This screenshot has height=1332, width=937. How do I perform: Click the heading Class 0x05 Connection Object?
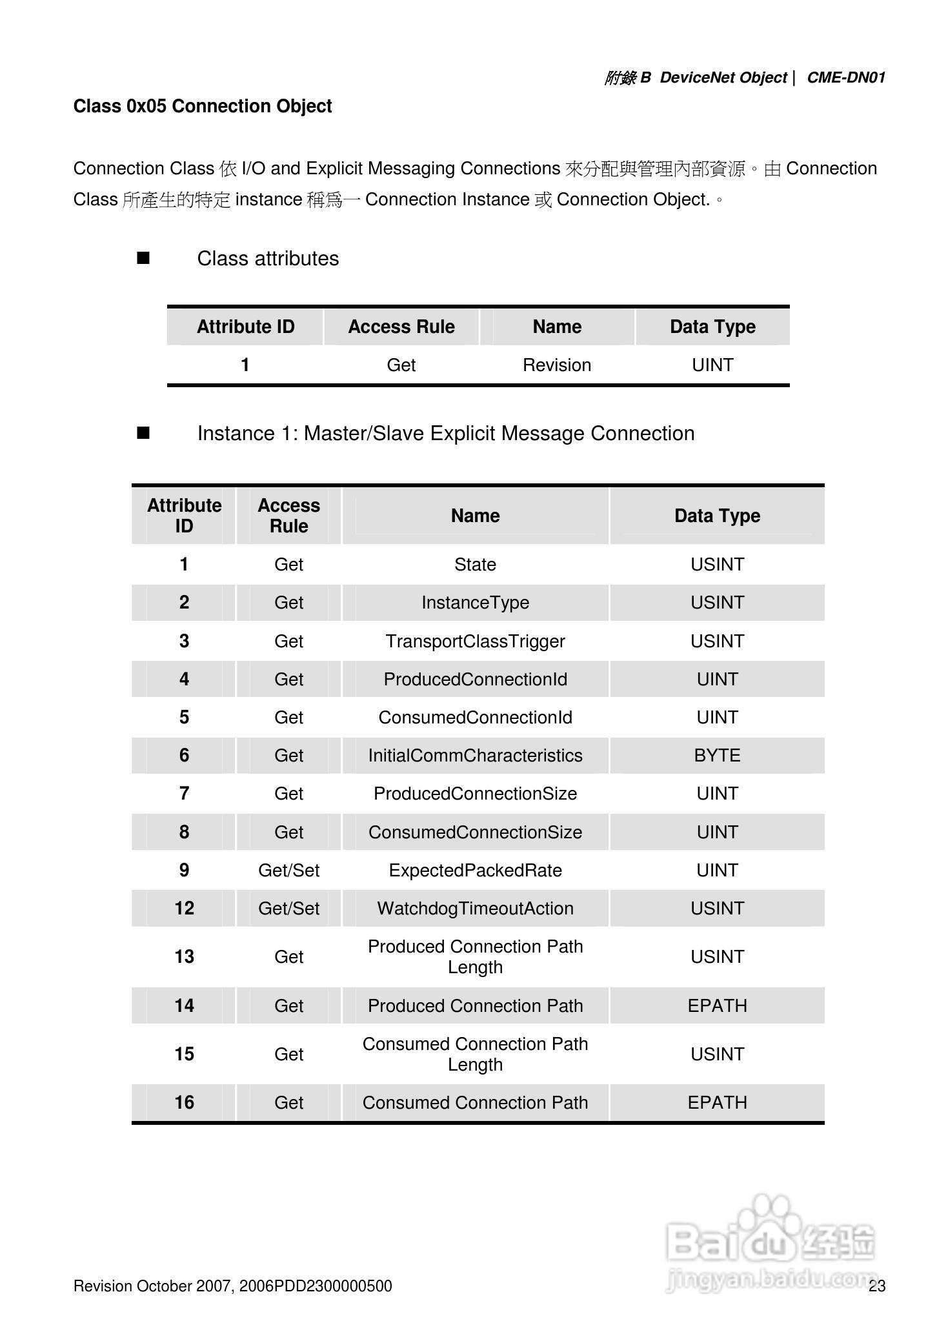coord(203,106)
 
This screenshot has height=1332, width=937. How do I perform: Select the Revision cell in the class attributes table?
coord(557,365)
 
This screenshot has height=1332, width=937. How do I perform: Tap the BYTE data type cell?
coord(717,756)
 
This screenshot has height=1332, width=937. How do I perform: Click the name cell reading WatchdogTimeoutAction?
coord(475,909)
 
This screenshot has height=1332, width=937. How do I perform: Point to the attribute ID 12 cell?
coord(184,909)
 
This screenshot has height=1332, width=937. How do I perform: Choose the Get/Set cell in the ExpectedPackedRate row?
coord(288,871)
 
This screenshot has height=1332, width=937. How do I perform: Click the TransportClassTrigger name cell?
coord(475,641)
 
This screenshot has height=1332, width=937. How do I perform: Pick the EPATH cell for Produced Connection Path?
coord(717,1006)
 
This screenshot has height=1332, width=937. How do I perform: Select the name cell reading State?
coord(475,565)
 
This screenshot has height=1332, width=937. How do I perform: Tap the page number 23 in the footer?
coord(877,1286)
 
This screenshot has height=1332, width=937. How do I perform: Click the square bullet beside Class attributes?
coord(143,259)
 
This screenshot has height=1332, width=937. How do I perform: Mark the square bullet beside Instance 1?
coord(143,433)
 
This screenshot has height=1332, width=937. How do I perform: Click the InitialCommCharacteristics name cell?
coord(475,756)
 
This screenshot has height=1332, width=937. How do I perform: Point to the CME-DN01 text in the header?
coord(846,78)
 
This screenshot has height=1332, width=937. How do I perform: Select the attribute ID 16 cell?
coord(184,1103)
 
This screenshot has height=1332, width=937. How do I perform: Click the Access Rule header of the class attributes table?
coord(401,327)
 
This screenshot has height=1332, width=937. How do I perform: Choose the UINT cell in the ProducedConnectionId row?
coord(717,680)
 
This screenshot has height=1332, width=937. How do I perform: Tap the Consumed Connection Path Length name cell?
coord(475,1054)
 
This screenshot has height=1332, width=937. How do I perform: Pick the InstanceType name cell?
coord(475,603)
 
